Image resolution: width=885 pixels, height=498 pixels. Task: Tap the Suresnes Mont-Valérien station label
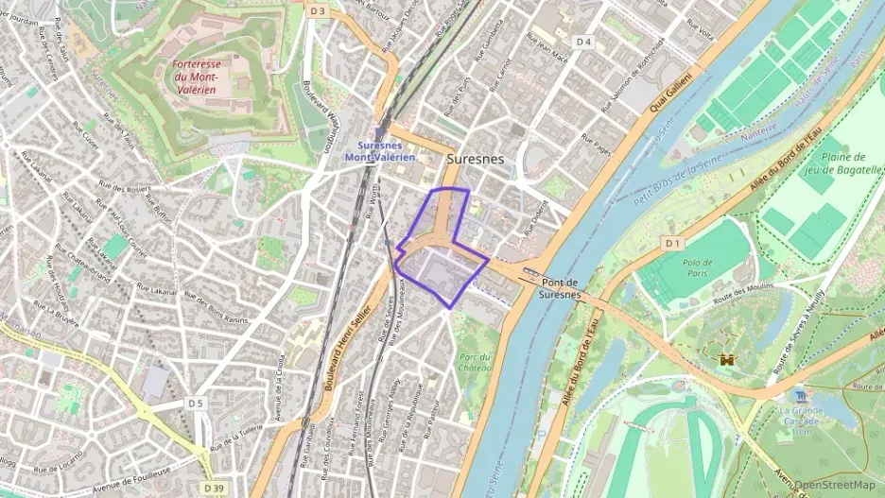click(386, 151)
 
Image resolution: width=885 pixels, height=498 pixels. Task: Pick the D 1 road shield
click(671, 244)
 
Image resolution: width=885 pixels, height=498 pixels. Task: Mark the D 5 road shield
click(196, 404)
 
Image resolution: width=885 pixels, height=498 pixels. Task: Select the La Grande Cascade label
click(802, 417)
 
